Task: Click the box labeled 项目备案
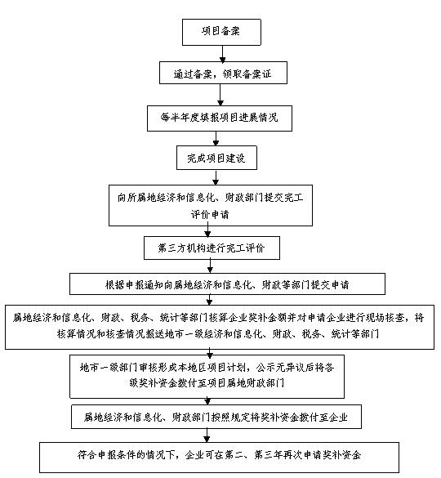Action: point(221,33)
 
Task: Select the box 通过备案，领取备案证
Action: point(223,73)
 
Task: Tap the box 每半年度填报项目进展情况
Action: point(220,118)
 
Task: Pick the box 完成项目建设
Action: point(216,158)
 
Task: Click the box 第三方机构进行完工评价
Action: point(212,248)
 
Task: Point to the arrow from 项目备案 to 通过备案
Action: point(223,54)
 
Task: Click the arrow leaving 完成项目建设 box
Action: point(216,177)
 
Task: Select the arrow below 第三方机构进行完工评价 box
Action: point(210,266)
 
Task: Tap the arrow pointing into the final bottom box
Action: point(207,436)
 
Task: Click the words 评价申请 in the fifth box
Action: point(210,214)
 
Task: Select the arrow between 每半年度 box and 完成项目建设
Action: point(216,139)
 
